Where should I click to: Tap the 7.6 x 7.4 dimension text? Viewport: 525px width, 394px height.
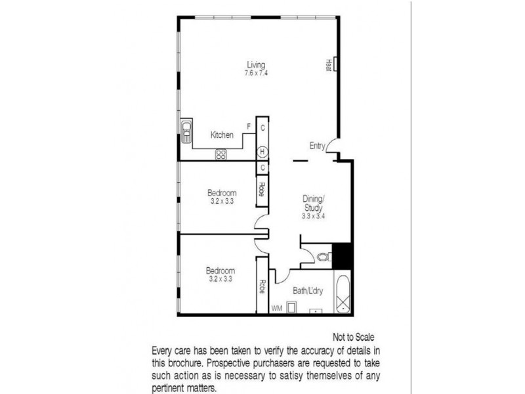tap(255, 73)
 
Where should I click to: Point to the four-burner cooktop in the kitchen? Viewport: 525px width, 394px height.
tap(221, 155)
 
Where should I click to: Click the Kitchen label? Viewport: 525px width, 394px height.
tap(222, 135)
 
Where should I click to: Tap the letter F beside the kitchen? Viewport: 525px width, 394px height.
tap(248, 125)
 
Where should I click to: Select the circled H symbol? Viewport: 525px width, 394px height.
tap(262, 151)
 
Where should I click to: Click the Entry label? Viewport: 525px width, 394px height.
tap(318, 146)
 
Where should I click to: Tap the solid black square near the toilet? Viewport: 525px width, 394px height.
tap(342, 255)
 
